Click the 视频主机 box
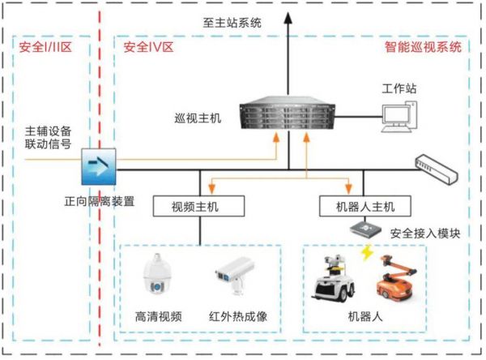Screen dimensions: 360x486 198,206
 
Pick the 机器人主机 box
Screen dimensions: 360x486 356,206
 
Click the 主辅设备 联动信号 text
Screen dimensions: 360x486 49,139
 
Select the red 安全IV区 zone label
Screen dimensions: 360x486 148,48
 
